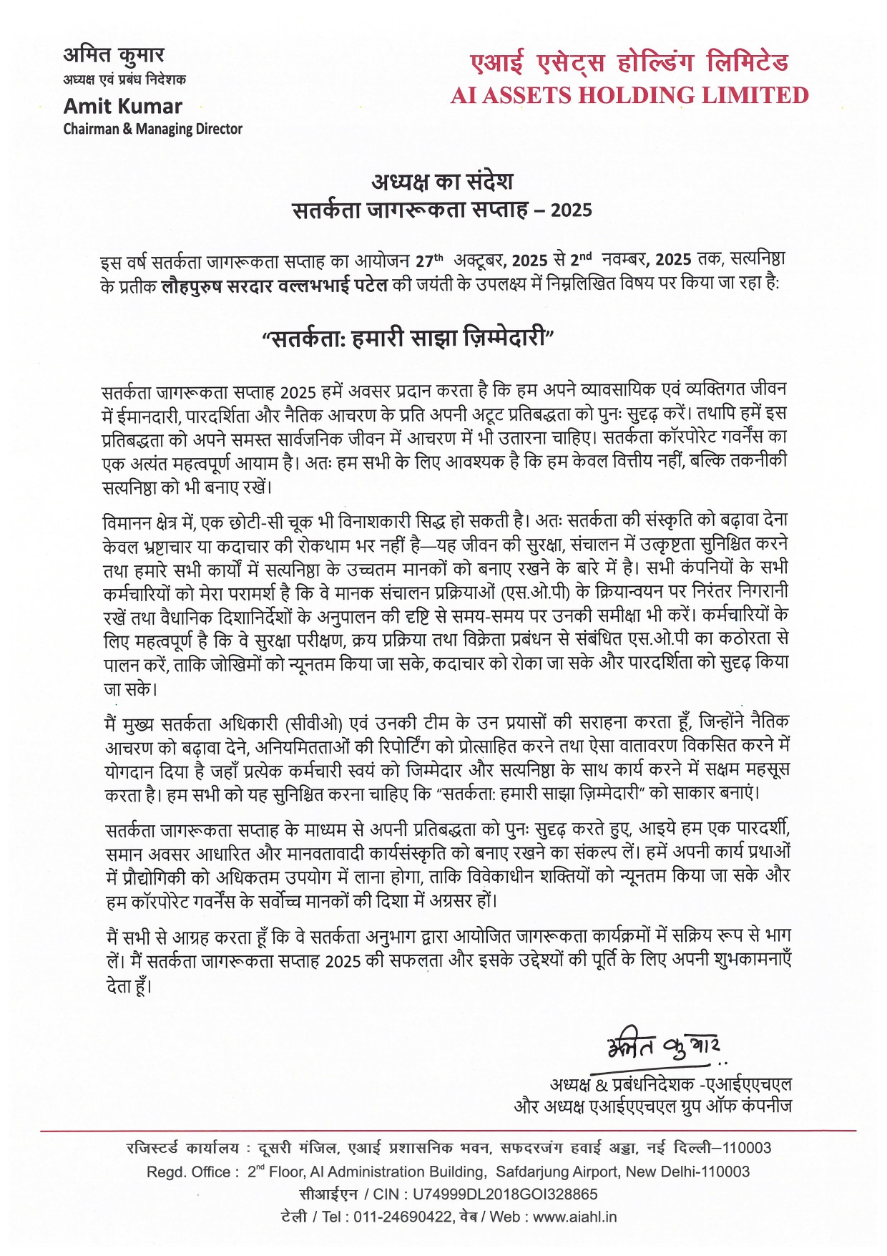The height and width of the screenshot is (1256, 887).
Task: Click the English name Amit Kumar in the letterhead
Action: [x=122, y=107]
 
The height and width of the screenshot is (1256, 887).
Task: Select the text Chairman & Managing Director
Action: [x=152, y=130]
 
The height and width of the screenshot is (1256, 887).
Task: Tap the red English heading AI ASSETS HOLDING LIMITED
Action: [x=629, y=95]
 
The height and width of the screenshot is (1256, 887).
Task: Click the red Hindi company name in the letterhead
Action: [x=629, y=63]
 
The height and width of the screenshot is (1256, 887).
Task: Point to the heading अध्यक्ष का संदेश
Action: [x=442, y=181]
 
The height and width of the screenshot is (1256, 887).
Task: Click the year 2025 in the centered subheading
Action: [x=571, y=210]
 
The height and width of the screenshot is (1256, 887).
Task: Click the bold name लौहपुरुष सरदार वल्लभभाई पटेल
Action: [x=275, y=285]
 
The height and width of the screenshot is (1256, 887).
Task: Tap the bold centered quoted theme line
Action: [x=408, y=336]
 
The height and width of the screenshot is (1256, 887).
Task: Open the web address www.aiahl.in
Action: [x=574, y=1217]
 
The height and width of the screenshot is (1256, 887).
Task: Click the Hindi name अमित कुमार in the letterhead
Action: [x=114, y=55]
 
